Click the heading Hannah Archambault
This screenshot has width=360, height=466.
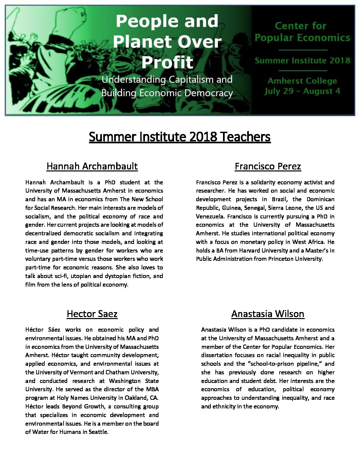click(x=92, y=166)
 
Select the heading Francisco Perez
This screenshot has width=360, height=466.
click(x=268, y=166)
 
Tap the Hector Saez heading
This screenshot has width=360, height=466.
click(x=92, y=313)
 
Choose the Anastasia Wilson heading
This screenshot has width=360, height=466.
click(x=268, y=313)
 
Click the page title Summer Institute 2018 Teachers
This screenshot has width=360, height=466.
click(x=180, y=137)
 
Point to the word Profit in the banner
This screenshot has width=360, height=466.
click(x=167, y=62)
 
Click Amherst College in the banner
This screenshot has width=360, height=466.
click(x=302, y=81)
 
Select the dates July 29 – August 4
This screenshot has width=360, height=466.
click(x=302, y=91)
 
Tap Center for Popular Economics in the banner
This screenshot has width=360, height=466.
click(x=302, y=32)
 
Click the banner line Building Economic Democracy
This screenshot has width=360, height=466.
click(x=167, y=93)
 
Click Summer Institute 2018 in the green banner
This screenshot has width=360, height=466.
click(x=302, y=61)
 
